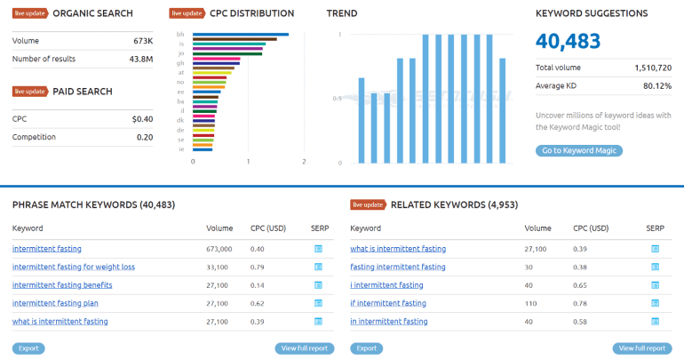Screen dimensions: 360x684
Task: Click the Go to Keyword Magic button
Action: click(578, 151)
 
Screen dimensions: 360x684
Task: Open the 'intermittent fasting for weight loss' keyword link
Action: click(74, 267)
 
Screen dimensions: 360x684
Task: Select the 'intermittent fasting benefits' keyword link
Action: click(62, 284)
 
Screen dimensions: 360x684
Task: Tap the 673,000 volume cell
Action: click(219, 249)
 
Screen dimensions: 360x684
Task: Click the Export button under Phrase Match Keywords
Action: click(28, 348)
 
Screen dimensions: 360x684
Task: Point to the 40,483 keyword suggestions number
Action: click(569, 41)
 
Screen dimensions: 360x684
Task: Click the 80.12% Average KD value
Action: click(658, 85)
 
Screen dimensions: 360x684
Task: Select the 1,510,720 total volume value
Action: click(653, 68)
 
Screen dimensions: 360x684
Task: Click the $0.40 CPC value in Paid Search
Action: click(142, 119)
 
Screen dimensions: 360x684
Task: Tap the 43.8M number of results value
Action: click(140, 59)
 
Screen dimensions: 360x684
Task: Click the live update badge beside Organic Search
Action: click(30, 14)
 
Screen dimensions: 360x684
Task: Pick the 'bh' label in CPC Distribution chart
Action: click(181, 35)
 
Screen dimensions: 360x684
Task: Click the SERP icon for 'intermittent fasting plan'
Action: click(319, 303)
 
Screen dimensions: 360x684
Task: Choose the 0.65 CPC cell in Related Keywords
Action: click(582, 284)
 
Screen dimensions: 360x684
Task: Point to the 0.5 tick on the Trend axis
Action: click(336, 99)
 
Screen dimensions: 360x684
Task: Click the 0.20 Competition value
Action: click(145, 137)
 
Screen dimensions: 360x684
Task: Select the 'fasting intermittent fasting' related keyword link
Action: click(398, 267)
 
